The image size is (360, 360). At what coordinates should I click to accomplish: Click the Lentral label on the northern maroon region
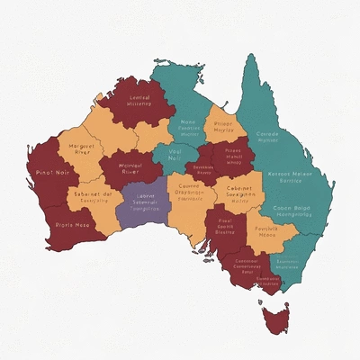[x=139, y=98]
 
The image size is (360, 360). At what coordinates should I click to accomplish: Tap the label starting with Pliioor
[x=223, y=124]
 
